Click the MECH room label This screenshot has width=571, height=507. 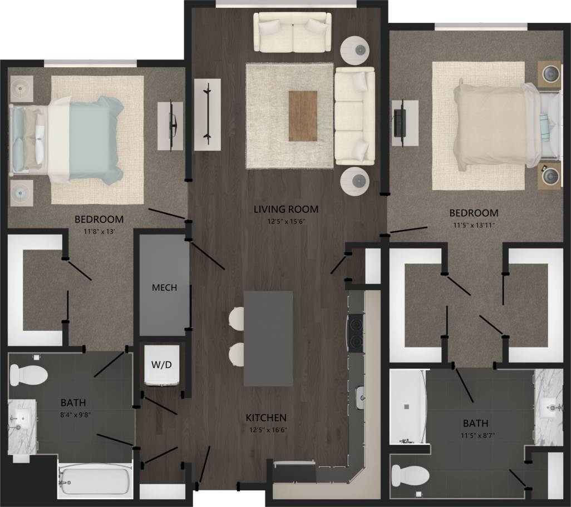[164, 288]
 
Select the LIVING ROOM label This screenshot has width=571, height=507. [286, 210]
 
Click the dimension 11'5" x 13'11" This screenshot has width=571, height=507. [474, 225]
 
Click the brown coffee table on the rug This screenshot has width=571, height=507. [303, 116]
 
